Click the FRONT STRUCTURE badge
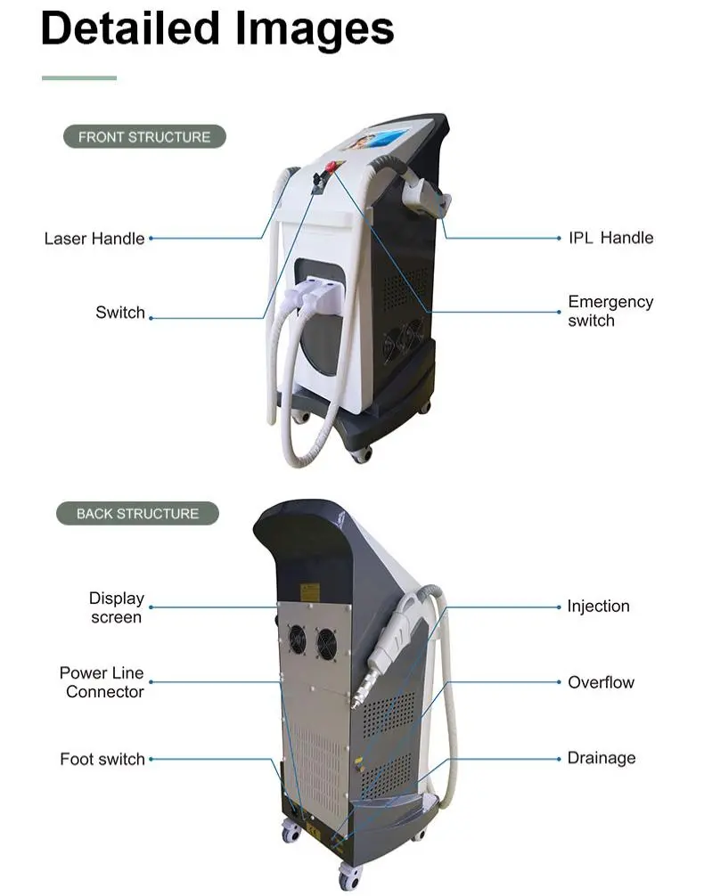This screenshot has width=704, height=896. click(x=144, y=137)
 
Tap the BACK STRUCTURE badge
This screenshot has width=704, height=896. click(x=137, y=514)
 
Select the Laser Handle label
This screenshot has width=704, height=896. click(x=94, y=239)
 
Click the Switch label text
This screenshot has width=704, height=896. click(x=120, y=313)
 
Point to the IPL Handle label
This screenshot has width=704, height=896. click(x=610, y=238)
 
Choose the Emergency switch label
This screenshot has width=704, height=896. click(x=610, y=311)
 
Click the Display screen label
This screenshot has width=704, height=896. click(x=116, y=607)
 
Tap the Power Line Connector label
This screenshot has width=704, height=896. click(x=102, y=682)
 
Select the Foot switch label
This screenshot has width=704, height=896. click(x=102, y=759)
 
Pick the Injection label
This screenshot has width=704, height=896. click(x=598, y=606)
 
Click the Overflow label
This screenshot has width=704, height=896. click(x=601, y=682)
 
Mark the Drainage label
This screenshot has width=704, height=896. click(x=602, y=758)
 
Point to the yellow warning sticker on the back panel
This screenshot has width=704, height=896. click(x=309, y=591)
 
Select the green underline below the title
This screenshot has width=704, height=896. click(x=79, y=78)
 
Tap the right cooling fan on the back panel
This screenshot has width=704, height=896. click(x=326, y=644)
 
